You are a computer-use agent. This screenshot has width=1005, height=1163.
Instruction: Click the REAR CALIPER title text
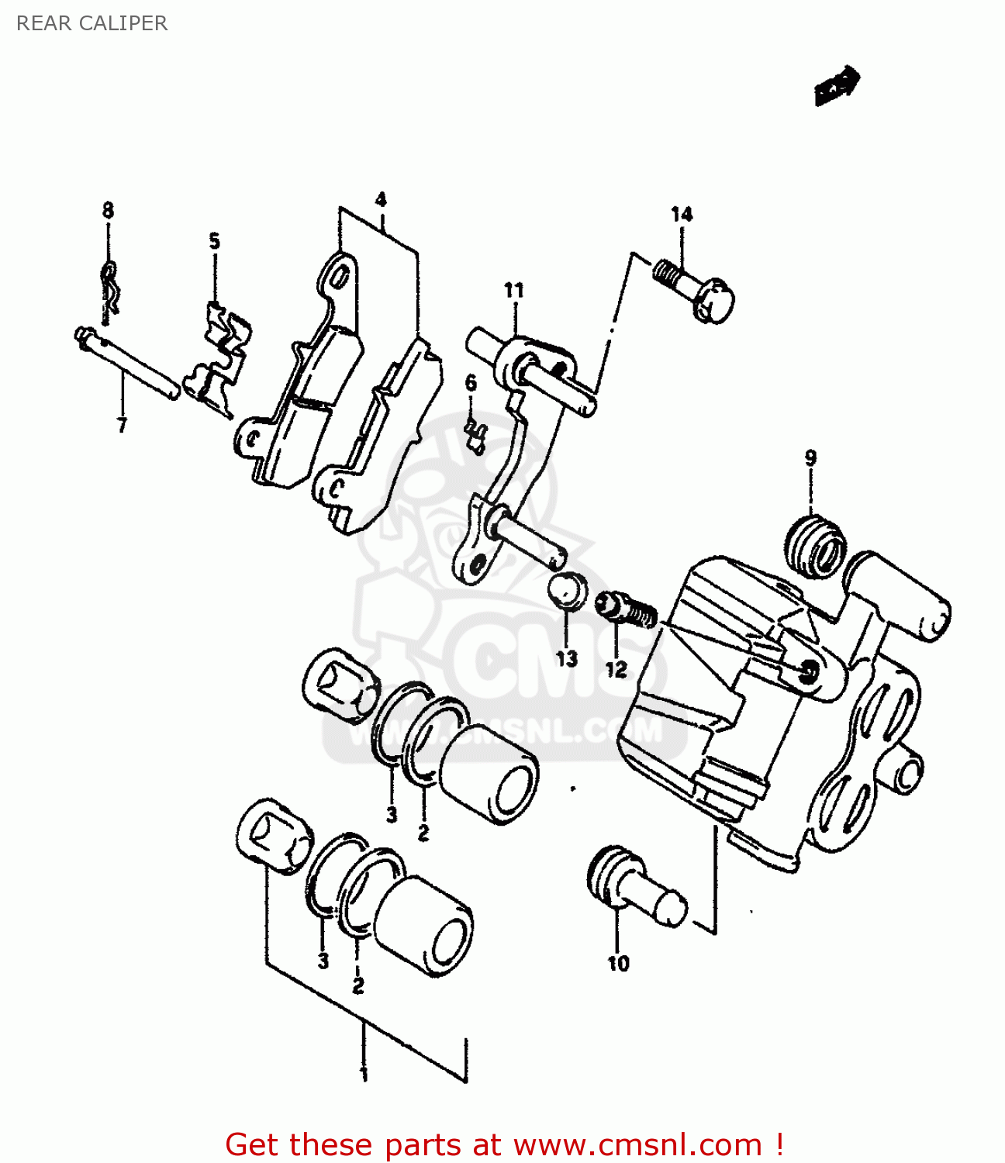coord(92,23)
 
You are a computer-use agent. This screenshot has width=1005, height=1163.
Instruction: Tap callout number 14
coord(682,215)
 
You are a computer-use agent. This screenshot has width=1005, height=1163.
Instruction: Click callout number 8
coord(108,210)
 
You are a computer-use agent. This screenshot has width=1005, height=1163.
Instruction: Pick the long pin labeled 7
coord(128,364)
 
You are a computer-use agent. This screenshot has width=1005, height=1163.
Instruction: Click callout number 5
coord(214,241)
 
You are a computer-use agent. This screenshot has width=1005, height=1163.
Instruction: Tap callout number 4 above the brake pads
coord(381,200)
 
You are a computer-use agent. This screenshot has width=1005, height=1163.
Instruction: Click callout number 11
coord(513,291)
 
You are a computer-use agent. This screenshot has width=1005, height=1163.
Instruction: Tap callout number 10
coord(618,964)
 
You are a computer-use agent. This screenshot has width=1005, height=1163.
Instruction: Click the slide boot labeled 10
coord(632,885)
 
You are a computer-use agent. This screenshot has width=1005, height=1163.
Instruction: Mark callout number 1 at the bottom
coord(364,1075)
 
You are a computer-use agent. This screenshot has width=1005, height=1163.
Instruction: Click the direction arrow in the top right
coord(837,84)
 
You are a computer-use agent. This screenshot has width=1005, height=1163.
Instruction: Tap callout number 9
coord(810,457)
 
